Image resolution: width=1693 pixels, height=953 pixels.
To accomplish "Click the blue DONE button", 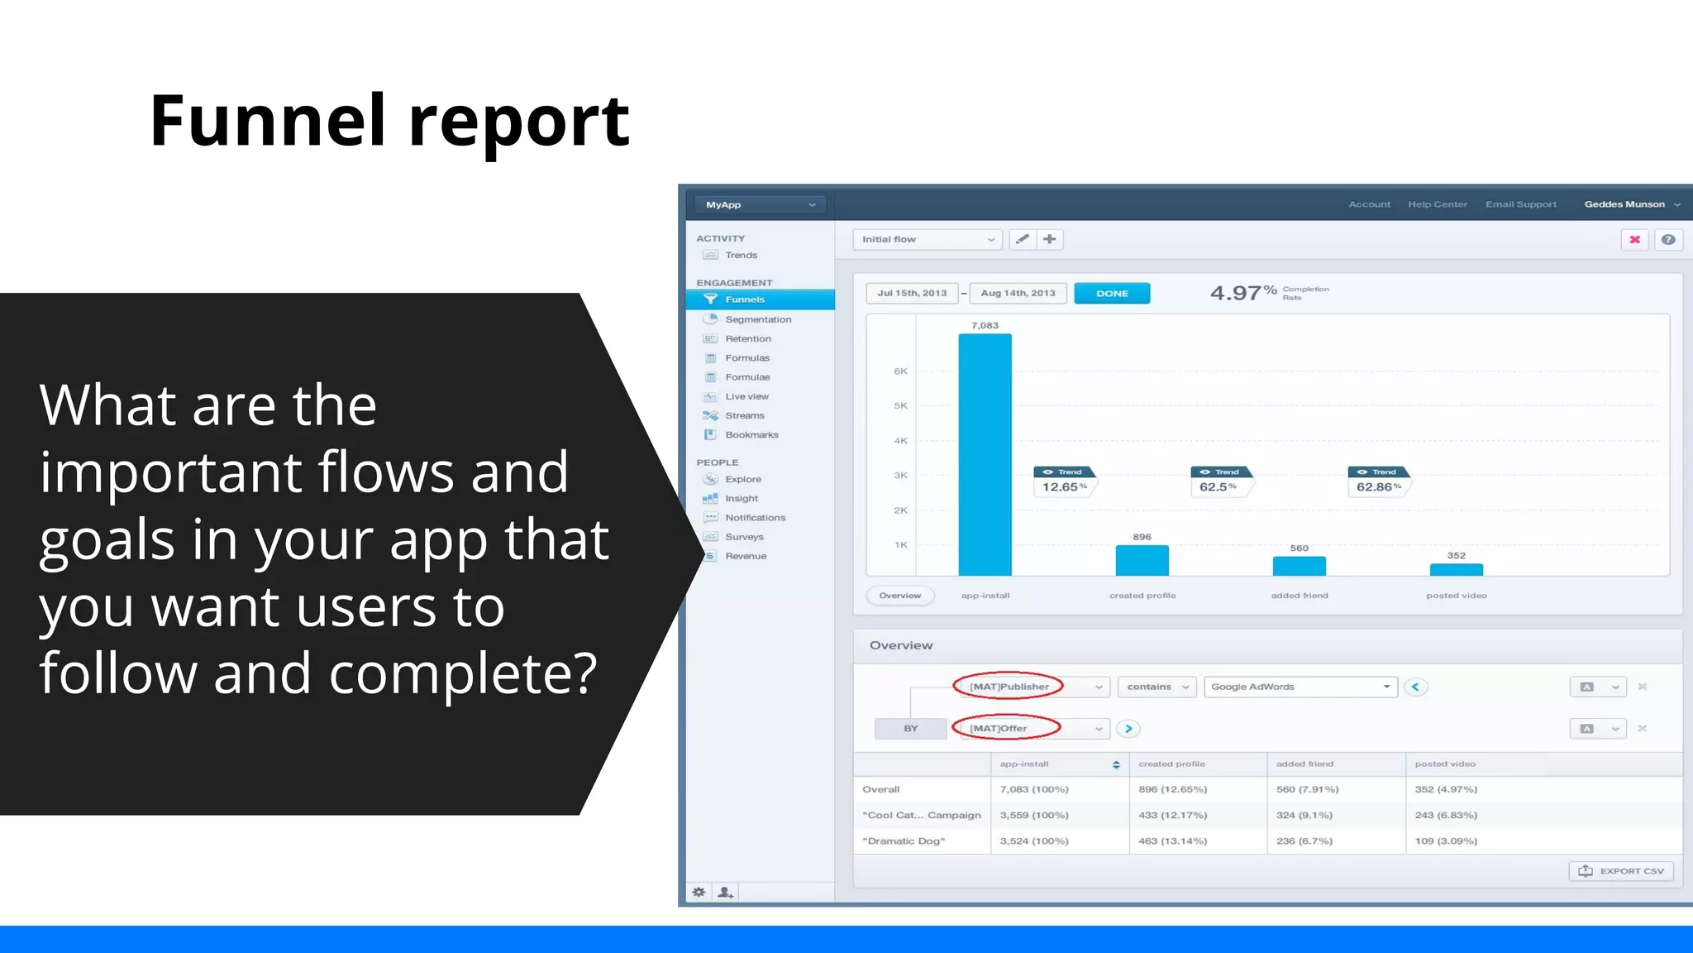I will (1112, 294).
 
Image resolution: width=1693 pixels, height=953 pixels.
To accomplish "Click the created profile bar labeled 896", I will (1142, 560).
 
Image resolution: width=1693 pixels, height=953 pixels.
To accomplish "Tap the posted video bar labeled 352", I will (1456, 569).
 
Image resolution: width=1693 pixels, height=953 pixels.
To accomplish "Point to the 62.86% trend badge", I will (1378, 486).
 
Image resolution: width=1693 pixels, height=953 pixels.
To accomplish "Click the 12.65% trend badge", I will (1064, 486).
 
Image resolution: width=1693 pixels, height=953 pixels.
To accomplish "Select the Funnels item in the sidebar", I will (745, 299).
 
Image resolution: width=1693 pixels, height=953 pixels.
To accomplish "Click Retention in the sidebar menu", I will (748, 338).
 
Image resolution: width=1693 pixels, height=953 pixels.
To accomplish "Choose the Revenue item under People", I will (746, 556).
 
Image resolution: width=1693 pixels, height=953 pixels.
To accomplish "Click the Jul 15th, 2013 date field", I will (912, 294).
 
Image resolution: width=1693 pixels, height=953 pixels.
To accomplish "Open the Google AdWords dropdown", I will (1300, 687).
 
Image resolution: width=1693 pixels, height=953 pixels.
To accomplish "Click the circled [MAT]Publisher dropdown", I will (1029, 687).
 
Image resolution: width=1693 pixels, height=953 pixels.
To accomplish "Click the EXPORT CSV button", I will (1621, 871).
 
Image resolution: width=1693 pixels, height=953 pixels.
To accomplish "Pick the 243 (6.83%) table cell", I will (1446, 815).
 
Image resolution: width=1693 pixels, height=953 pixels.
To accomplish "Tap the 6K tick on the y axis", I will (900, 371).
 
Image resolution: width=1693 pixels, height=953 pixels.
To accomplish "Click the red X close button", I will (1634, 240).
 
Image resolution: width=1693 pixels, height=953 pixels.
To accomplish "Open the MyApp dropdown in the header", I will (760, 204).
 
